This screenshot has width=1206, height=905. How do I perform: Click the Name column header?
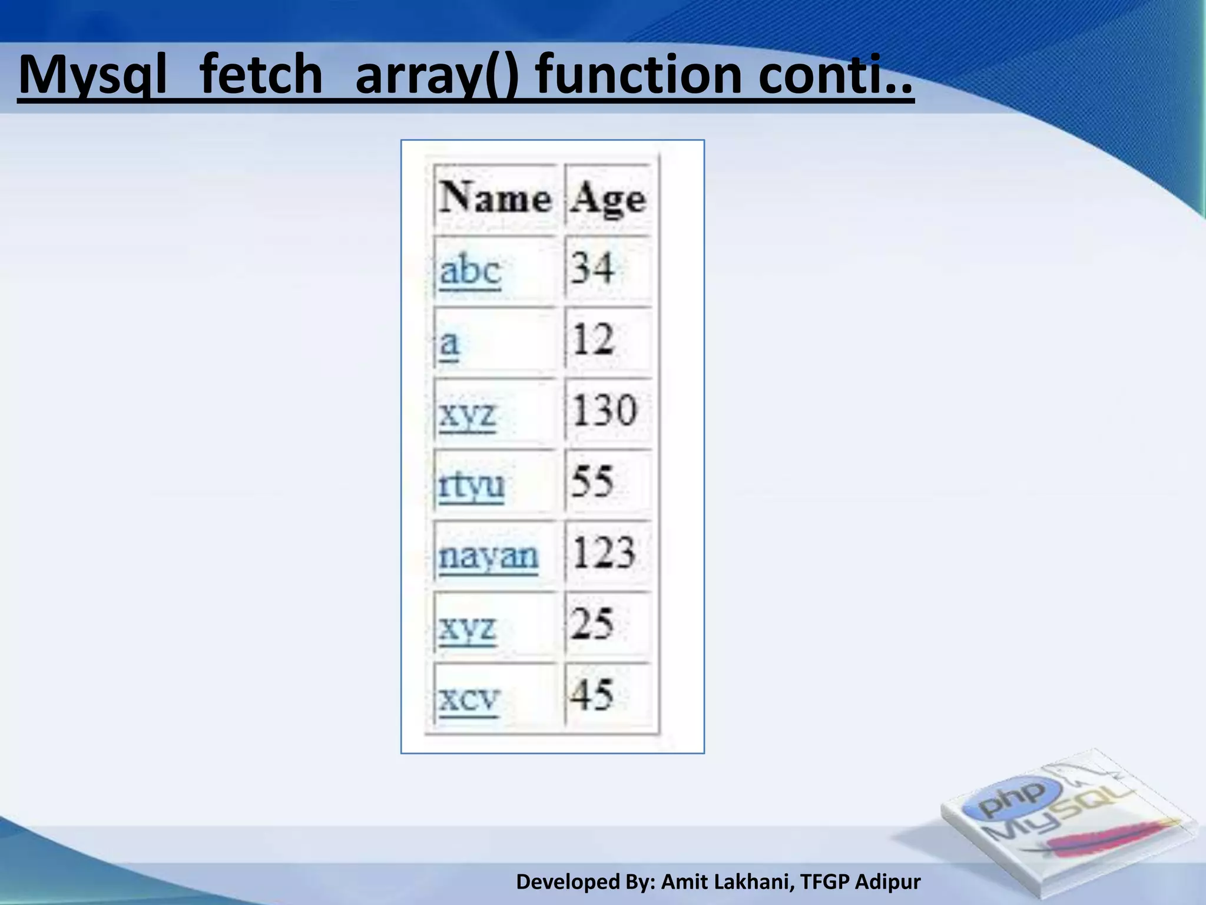(495, 198)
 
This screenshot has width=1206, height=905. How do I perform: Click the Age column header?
(608, 199)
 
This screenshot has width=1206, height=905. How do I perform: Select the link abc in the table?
(470, 270)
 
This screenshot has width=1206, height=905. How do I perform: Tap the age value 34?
(592, 268)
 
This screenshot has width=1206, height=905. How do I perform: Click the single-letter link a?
(449, 342)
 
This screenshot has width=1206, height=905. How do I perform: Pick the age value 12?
(593, 339)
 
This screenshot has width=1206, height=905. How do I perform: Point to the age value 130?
(604, 411)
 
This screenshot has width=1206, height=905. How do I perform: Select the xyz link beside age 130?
(468, 415)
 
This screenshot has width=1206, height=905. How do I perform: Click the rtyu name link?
(471, 485)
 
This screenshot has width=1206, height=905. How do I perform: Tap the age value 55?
(592, 481)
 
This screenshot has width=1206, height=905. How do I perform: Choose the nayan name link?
(488, 556)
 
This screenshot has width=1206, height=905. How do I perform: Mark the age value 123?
(604, 553)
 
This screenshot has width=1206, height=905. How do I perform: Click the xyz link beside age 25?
(468, 628)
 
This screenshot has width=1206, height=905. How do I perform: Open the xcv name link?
(469, 699)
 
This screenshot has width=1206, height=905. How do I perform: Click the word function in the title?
(640, 75)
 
